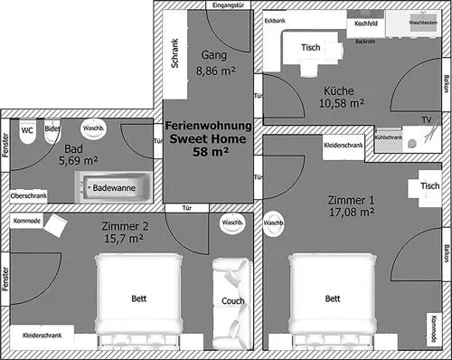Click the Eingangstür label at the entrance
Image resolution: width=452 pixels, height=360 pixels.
pos(228,5)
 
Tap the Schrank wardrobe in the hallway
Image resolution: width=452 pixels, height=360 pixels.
pos(175,54)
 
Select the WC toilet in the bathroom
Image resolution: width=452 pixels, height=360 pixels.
pos(27,131)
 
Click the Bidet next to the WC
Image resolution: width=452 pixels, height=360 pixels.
pos(52,131)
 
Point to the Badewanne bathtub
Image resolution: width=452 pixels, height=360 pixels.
pos(113,187)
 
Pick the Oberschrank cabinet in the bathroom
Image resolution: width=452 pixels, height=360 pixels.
pos(29,196)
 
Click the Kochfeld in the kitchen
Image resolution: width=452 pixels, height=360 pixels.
pos(366,24)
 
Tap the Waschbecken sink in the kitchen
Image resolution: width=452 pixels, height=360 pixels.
pos(423,23)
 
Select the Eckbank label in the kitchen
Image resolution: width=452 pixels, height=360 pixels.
pos(275,21)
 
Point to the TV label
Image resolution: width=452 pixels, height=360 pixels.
pos(427,120)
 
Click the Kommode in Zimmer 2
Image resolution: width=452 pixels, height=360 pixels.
pos(27,221)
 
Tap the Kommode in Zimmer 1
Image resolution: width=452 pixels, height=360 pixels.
pos(434,329)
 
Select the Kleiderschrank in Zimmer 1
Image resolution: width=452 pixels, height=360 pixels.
pos(344,146)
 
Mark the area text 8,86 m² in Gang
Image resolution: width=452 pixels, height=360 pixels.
pos(215,71)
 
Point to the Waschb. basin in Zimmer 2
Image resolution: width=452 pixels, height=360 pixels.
pos(232,223)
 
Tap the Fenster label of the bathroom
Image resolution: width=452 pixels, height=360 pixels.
pos(5,145)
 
